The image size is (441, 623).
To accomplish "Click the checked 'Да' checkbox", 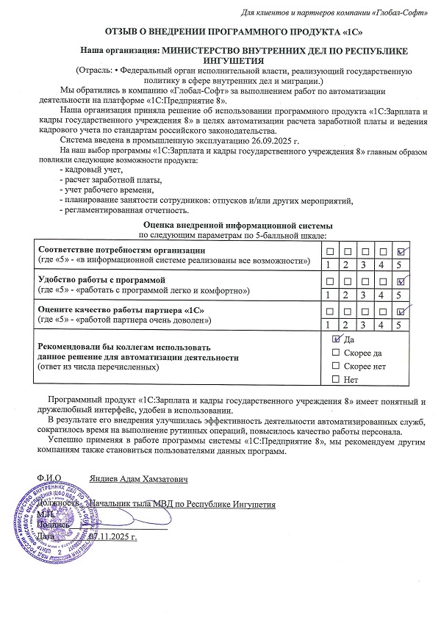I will pyautogui.click(x=336, y=339).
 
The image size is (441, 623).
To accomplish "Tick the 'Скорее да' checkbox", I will pyautogui.click(x=336, y=353).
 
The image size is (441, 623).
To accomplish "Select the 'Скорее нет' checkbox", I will pyautogui.click(x=336, y=366).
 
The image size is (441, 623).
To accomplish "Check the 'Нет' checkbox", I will pyautogui.click(x=336, y=379).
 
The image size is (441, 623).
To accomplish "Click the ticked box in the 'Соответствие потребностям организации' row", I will pyautogui.click(x=401, y=251).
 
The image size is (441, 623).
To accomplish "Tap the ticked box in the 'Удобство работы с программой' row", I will pyautogui.click(x=401, y=281).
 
